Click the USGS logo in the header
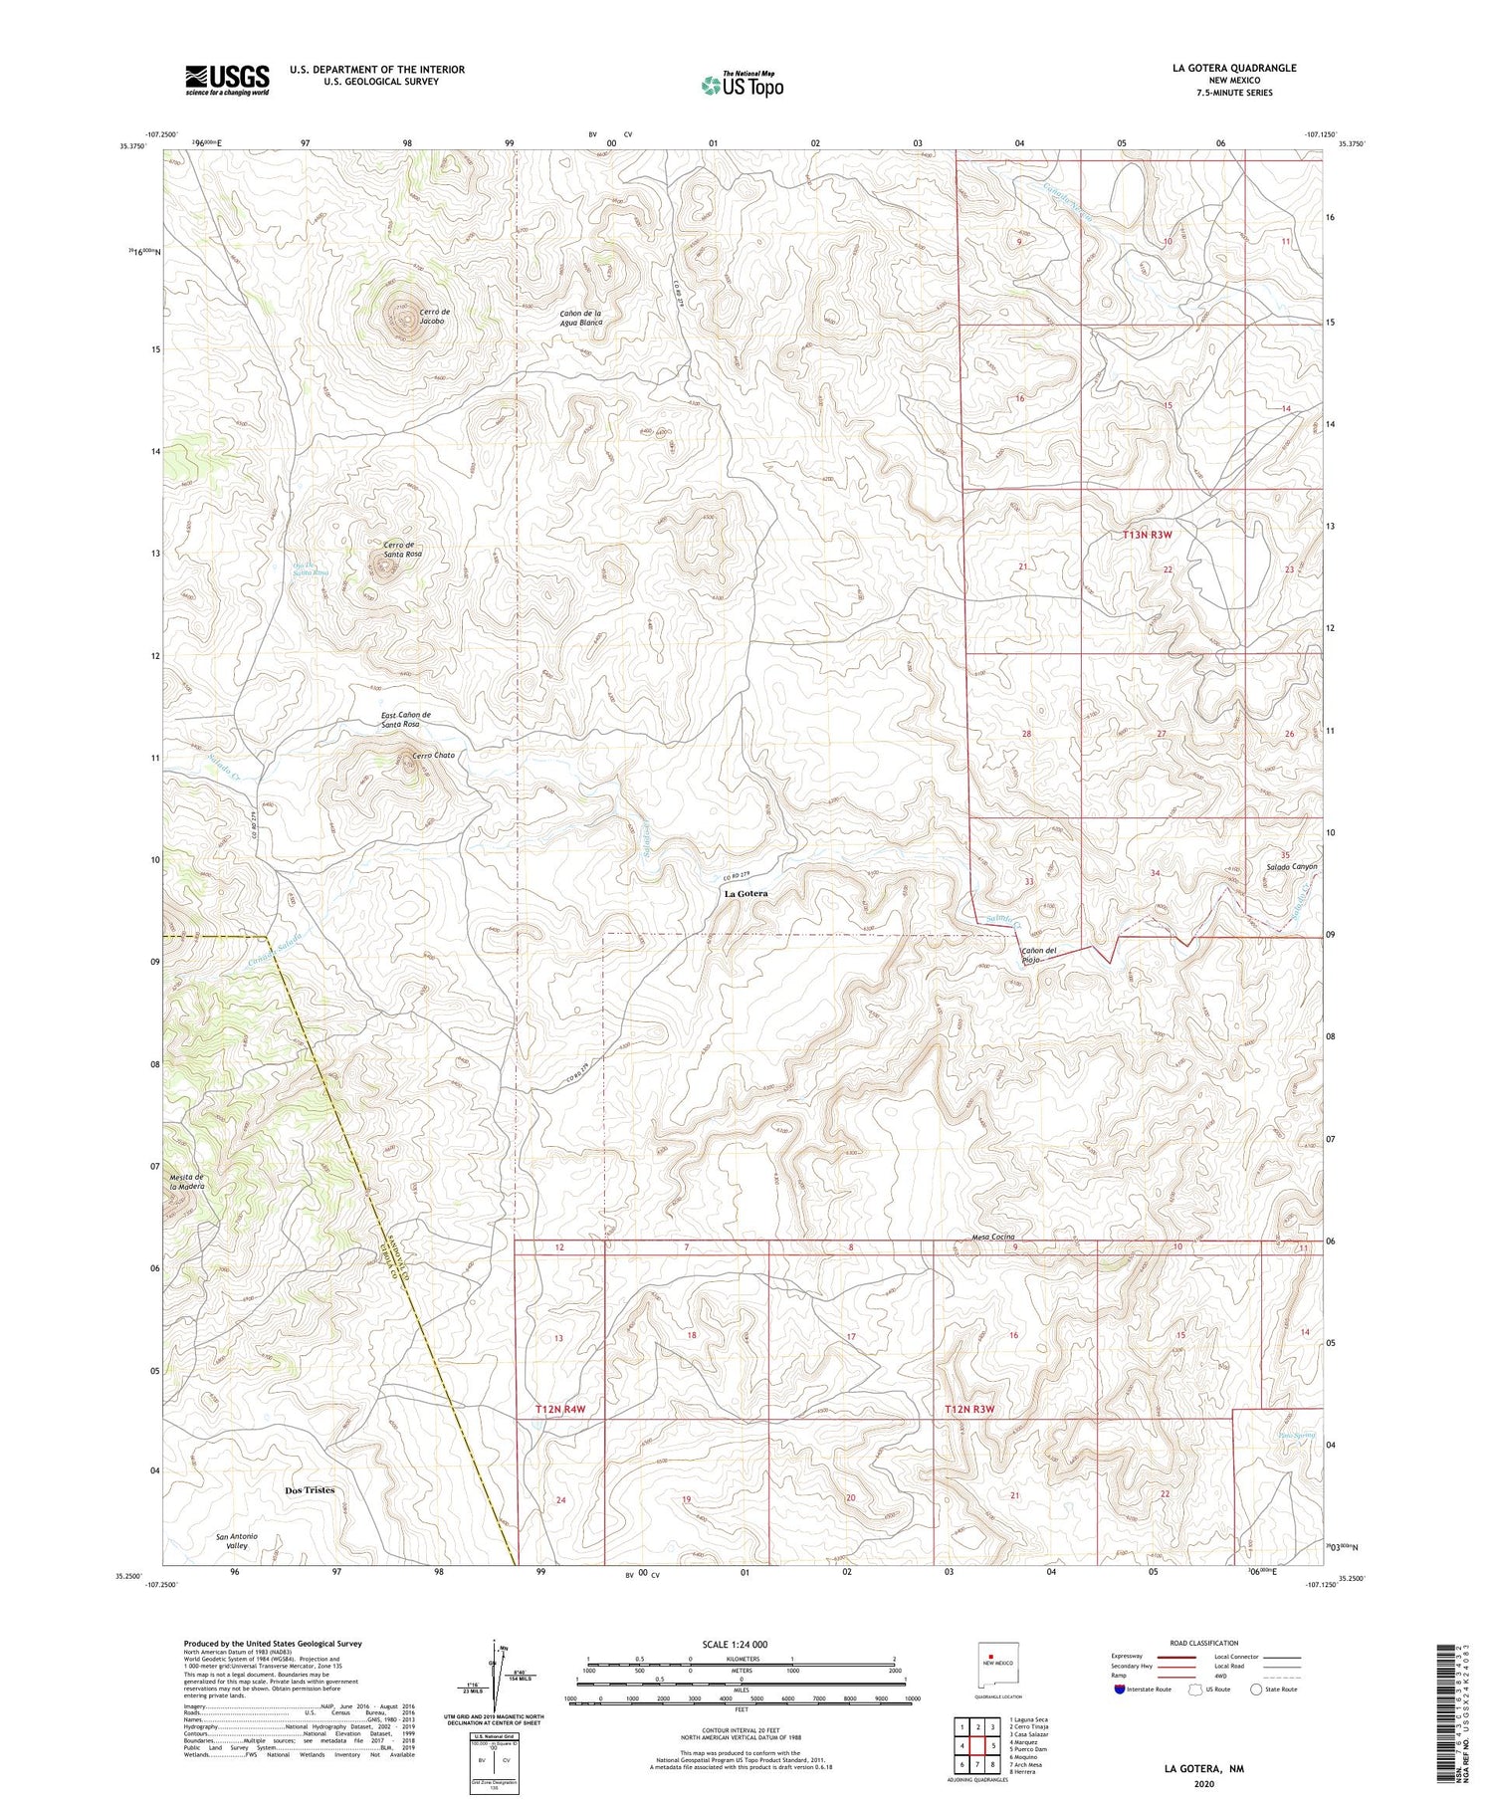tap(227, 80)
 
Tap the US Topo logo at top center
tap(742, 85)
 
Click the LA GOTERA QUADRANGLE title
tap(1234, 68)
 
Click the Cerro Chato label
tap(433, 755)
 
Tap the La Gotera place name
tap(746, 893)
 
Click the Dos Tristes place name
tap(310, 1490)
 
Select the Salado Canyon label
tap(1291, 866)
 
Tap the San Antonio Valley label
tap(237, 1541)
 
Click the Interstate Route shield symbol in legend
tap(1120, 1689)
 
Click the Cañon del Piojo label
tap(1038, 955)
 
